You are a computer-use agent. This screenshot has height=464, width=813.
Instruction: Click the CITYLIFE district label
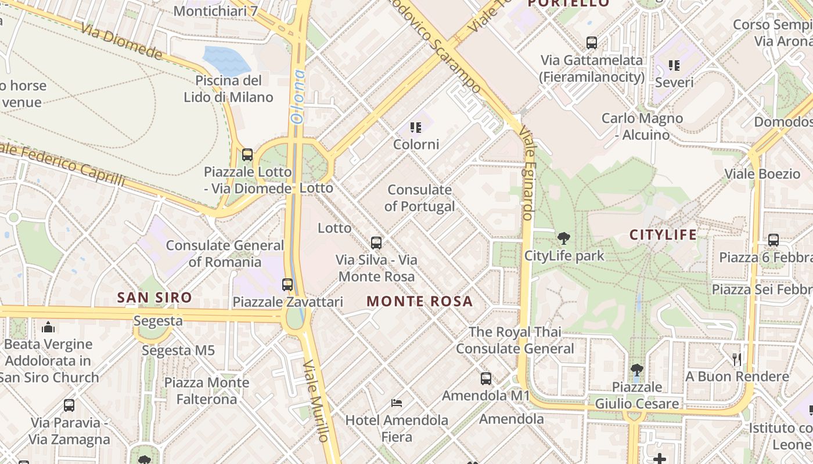tap(663, 235)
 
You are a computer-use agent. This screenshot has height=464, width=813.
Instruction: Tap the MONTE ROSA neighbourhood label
tap(420, 302)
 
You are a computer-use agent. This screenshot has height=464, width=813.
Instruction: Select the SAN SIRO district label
tap(154, 298)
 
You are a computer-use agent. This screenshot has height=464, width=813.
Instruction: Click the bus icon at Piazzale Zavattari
tap(287, 285)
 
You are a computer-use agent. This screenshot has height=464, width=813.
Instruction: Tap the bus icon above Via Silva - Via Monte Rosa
tap(376, 242)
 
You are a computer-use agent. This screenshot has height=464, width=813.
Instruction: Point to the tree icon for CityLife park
tap(563, 238)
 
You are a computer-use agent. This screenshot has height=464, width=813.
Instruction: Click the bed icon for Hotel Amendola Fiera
tap(397, 403)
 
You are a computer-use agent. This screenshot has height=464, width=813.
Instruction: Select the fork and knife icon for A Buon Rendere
tap(737, 359)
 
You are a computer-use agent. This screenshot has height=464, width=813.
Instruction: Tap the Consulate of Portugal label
tap(419, 198)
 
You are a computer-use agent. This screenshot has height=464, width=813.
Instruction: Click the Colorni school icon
tap(415, 127)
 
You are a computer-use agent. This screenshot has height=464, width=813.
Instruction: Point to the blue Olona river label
tap(297, 97)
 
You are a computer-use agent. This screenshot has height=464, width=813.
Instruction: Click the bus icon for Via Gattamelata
tap(592, 42)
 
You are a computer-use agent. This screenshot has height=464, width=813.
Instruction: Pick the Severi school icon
tap(674, 65)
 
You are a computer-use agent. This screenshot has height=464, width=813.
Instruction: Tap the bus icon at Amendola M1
tap(486, 379)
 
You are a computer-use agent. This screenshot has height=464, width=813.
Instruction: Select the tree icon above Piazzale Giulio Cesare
tap(637, 369)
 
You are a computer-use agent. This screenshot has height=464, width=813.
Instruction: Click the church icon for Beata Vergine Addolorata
tap(48, 327)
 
